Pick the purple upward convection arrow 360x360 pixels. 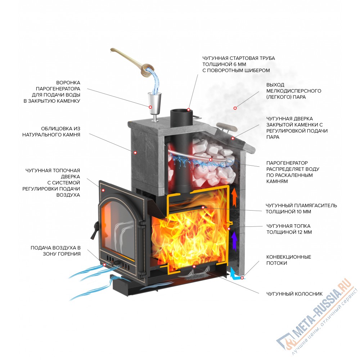234,240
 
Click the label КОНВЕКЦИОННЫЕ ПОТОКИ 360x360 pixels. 288,260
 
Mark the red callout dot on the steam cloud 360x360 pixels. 235,108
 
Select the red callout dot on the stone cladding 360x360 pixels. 136,152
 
